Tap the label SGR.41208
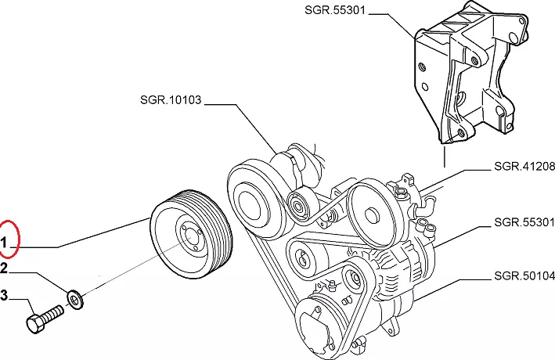(524, 167)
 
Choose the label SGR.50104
(524, 276)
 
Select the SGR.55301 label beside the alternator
(524, 221)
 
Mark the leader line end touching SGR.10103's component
(276, 153)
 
